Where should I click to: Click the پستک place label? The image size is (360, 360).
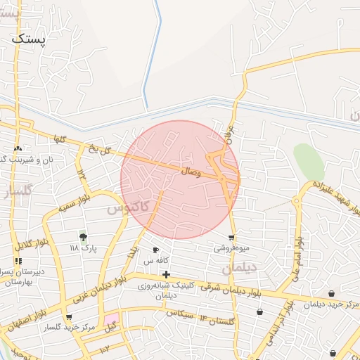point(29,39)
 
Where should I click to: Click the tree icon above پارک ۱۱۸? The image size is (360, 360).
point(84,237)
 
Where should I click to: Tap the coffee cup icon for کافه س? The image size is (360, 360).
point(155,250)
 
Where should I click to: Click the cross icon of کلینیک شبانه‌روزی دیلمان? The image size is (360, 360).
point(165,274)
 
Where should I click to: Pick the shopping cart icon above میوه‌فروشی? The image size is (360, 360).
point(232,237)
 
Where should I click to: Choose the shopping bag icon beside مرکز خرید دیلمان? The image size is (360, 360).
point(331,294)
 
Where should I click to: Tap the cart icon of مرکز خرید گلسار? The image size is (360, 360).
point(68,318)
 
